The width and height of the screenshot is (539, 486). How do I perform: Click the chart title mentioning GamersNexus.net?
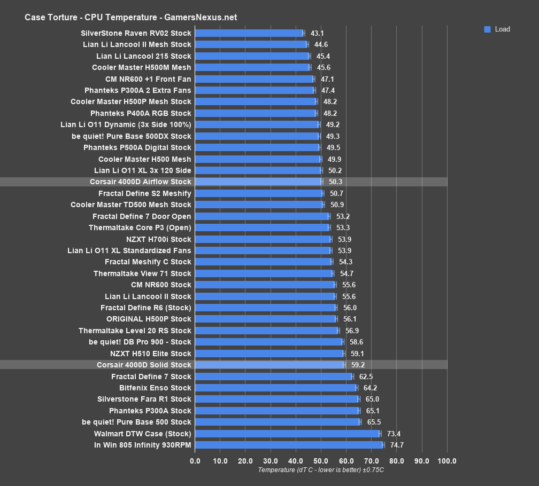click(130, 18)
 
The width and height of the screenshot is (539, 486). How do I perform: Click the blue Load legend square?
click(487, 29)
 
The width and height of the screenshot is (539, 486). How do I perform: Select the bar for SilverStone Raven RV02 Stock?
click(249, 33)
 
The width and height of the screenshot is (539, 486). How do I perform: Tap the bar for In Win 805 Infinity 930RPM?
click(289, 445)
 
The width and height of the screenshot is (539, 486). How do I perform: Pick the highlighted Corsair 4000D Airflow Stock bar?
click(258, 182)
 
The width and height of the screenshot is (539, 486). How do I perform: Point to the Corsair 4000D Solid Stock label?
click(144, 365)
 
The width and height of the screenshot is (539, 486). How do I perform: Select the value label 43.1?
click(317, 33)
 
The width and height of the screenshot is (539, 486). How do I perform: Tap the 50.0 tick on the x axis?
click(321, 461)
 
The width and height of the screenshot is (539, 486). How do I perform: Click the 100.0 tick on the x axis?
click(447, 461)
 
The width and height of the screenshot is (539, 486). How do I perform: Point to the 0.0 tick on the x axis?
click(195, 461)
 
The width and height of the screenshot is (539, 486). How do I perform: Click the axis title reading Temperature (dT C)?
click(321, 470)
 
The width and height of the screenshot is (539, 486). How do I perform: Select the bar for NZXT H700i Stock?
click(263, 239)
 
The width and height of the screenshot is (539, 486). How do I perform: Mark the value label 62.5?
click(366, 377)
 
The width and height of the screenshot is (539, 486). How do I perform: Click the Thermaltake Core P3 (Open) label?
click(140, 228)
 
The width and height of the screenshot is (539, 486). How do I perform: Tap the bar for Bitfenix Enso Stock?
click(275, 388)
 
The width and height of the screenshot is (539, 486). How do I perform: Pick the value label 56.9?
click(352, 331)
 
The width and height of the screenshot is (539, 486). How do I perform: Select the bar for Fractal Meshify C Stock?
click(263, 262)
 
